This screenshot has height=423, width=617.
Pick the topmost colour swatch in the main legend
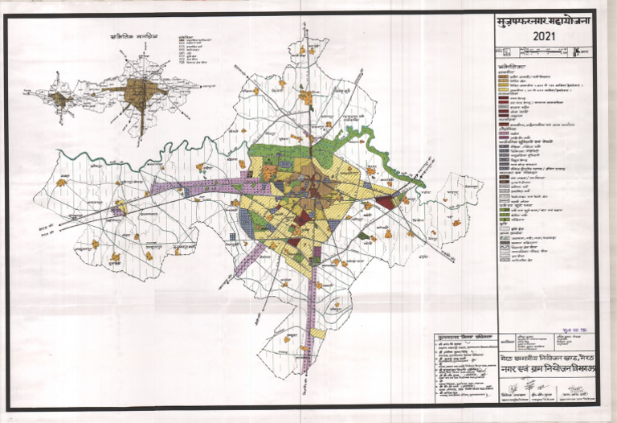click(x=501, y=73)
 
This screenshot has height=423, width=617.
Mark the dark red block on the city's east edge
click(x=386, y=202)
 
